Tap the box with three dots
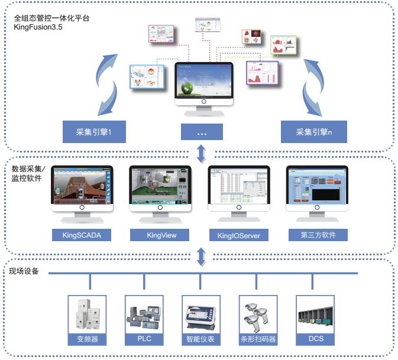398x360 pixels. pyautogui.click(x=202, y=131)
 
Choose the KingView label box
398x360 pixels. pyautogui.click(x=160, y=235)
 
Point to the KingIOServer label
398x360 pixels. pyautogui.click(x=239, y=236)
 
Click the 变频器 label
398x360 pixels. pyautogui.click(x=88, y=339)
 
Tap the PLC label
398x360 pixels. pyautogui.click(x=145, y=339)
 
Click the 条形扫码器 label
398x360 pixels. pyautogui.click(x=258, y=339)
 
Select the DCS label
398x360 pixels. pyautogui.click(x=316, y=339)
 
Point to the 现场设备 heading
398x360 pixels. pyautogui.click(x=24, y=271)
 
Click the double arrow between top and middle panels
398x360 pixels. pyautogui.click(x=202, y=153)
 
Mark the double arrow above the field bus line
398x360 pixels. pyautogui.click(x=202, y=257)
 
